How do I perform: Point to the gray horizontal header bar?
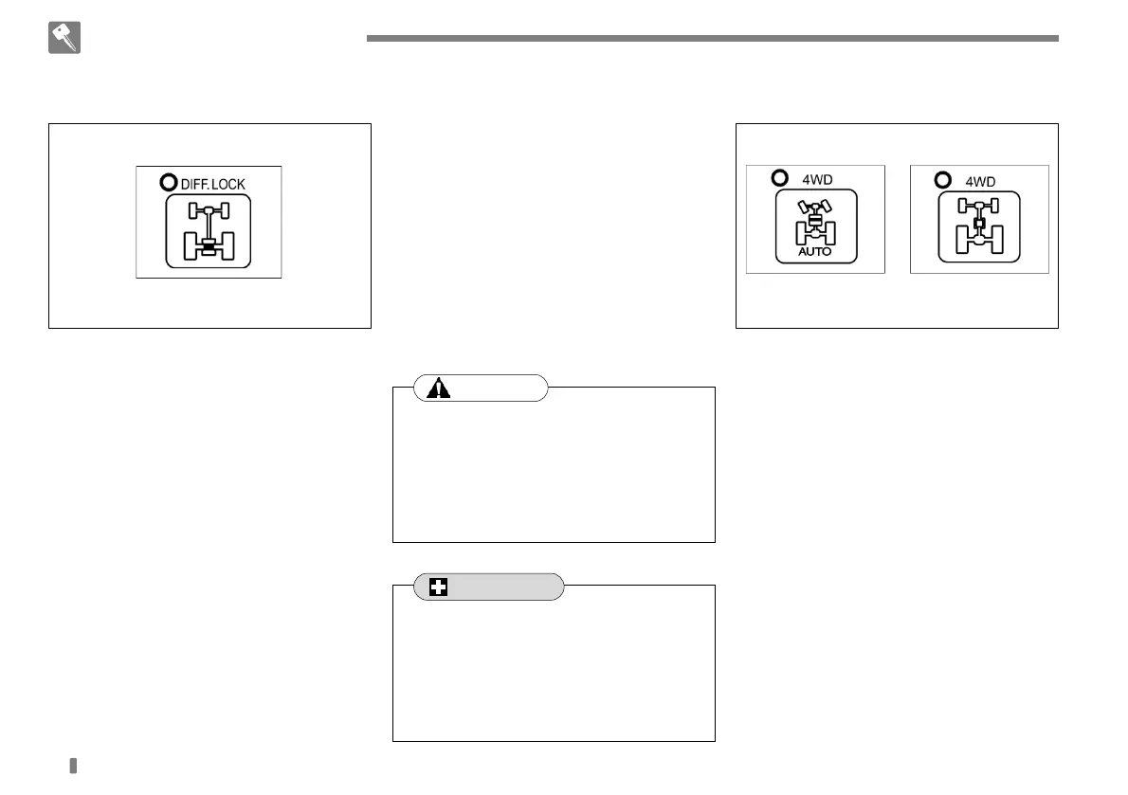(x=711, y=39)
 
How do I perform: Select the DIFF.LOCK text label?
(x=212, y=184)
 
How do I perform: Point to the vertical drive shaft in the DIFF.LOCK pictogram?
(x=209, y=227)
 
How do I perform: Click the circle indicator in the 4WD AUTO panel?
(x=780, y=176)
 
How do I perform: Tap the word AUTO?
(x=815, y=253)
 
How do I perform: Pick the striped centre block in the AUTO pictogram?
(x=815, y=220)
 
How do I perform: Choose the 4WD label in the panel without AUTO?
(x=981, y=178)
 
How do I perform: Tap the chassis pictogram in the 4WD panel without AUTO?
(x=979, y=227)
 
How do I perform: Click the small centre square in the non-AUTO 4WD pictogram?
(x=979, y=224)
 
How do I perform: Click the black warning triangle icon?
(x=439, y=388)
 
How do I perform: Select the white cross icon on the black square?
(x=439, y=587)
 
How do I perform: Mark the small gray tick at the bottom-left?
(x=73, y=765)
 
